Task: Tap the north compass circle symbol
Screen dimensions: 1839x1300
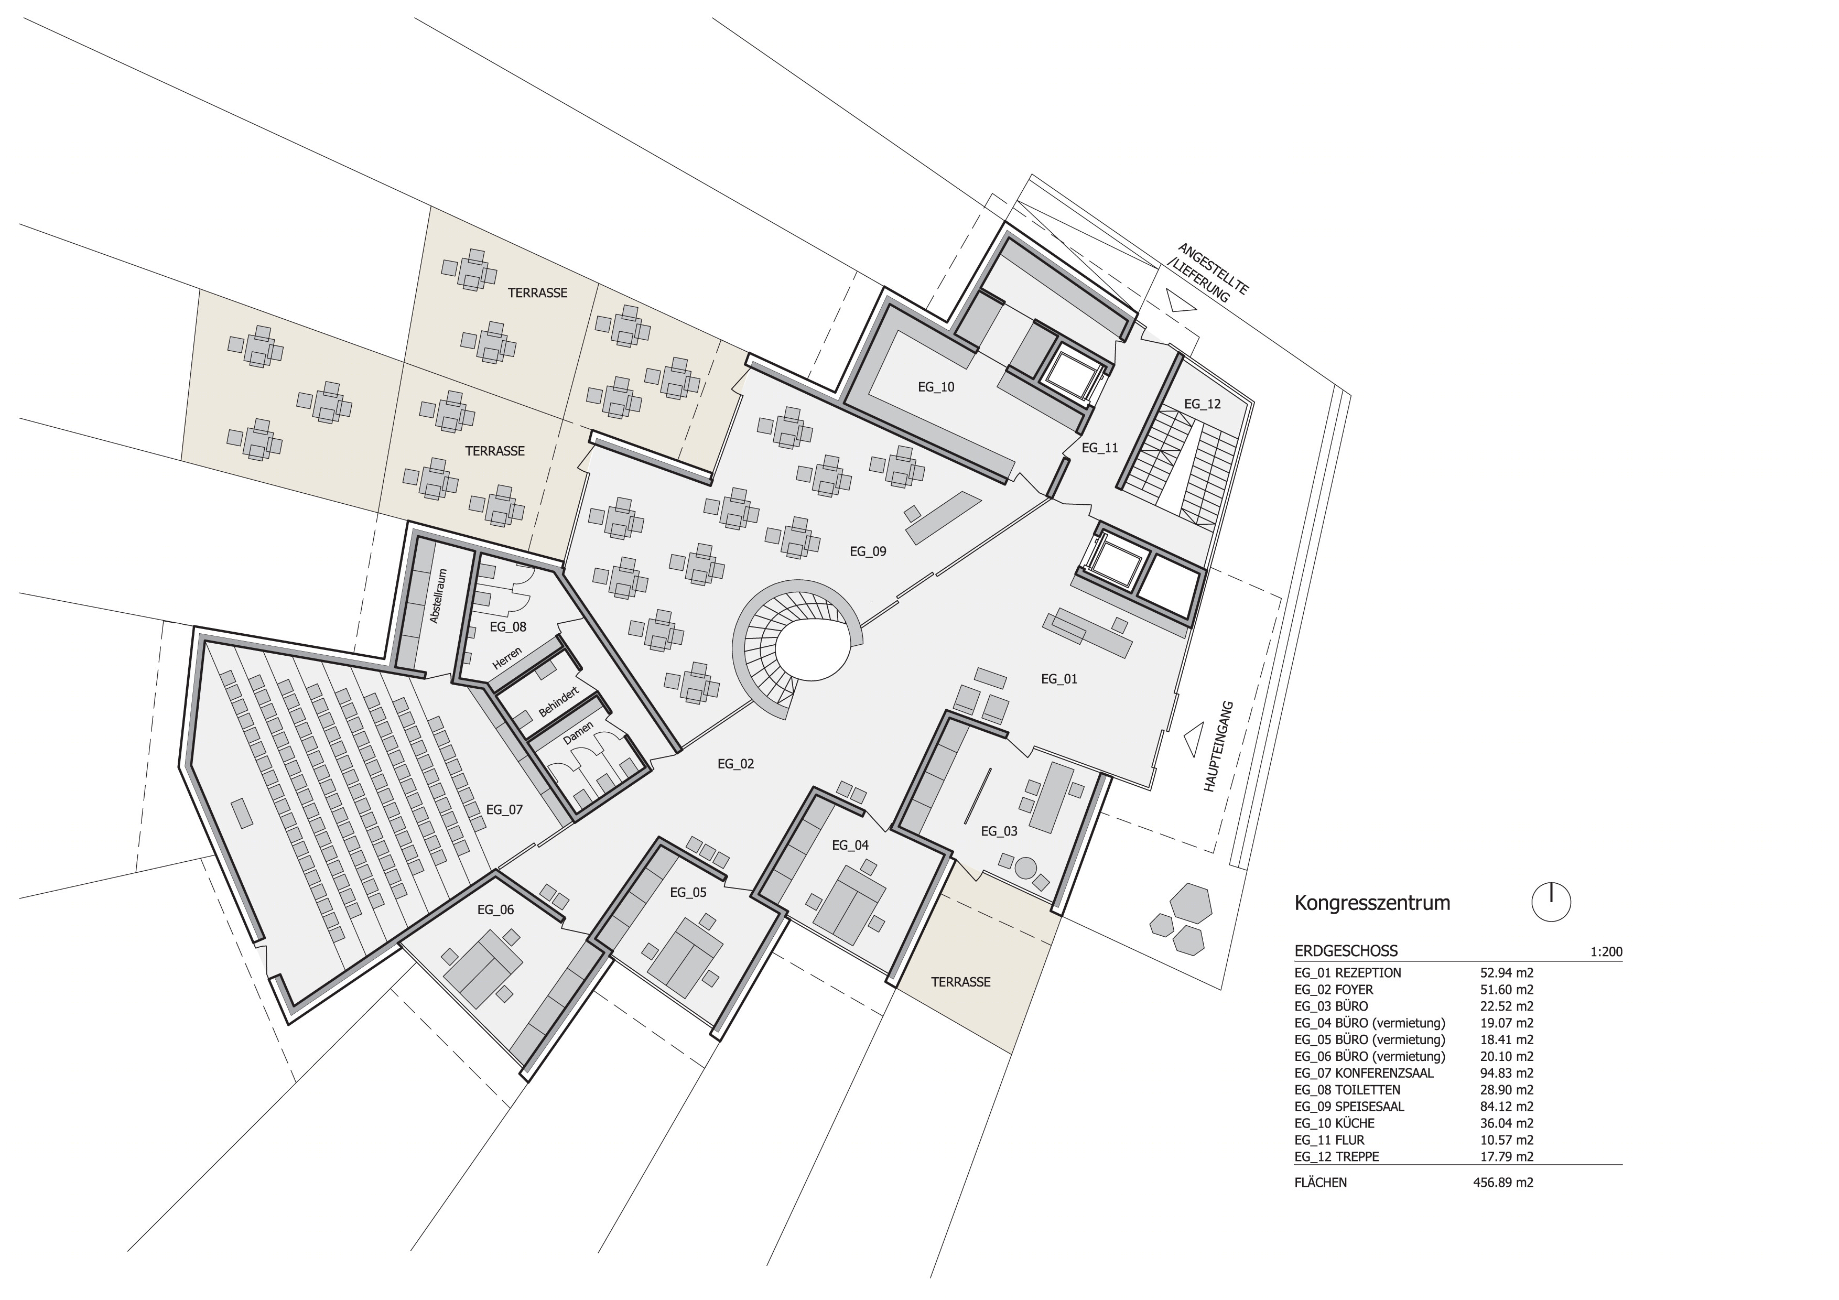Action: coord(1551,903)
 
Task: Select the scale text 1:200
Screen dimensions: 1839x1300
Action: coord(1607,952)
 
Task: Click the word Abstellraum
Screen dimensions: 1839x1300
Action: coord(437,597)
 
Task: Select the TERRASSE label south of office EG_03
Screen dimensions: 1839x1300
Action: coord(960,982)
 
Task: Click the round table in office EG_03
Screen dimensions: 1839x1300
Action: coord(1025,866)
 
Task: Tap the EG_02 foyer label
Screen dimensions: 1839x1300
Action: coord(735,764)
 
